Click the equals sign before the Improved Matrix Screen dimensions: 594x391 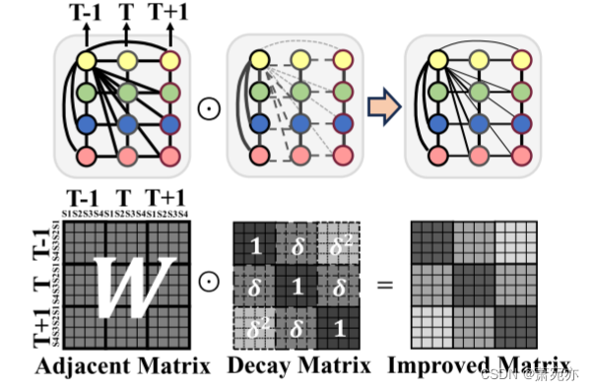click(384, 286)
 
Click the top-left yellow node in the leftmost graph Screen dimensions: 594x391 click(86, 62)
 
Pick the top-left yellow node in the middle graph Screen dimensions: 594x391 click(259, 62)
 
